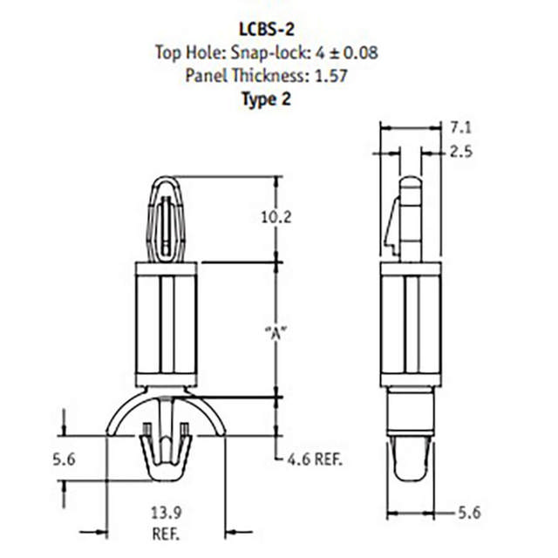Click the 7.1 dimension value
coord(461,128)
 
